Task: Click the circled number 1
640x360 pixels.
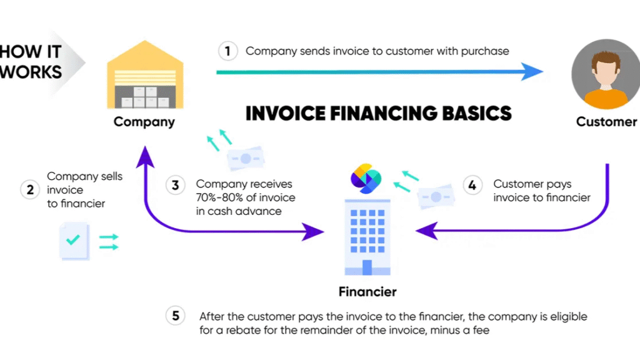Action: click(x=227, y=51)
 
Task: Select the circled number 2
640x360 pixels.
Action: click(x=30, y=190)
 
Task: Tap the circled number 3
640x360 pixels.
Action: click(x=176, y=185)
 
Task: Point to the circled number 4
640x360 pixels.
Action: click(x=472, y=185)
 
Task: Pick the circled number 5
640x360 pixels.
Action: click(x=176, y=316)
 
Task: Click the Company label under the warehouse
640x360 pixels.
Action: click(x=144, y=122)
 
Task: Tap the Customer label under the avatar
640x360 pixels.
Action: click(x=606, y=122)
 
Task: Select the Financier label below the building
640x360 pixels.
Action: click(x=367, y=291)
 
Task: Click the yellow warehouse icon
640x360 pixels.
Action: click(x=145, y=74)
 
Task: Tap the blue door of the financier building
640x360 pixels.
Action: click(x=367, y=267)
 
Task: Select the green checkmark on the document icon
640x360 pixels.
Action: click(x=73, y=239)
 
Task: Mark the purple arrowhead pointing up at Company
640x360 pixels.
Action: click(x=145, y=157)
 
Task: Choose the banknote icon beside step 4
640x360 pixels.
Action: click(x=436, y=196)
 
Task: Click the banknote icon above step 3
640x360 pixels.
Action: click(x=246, y=158)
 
